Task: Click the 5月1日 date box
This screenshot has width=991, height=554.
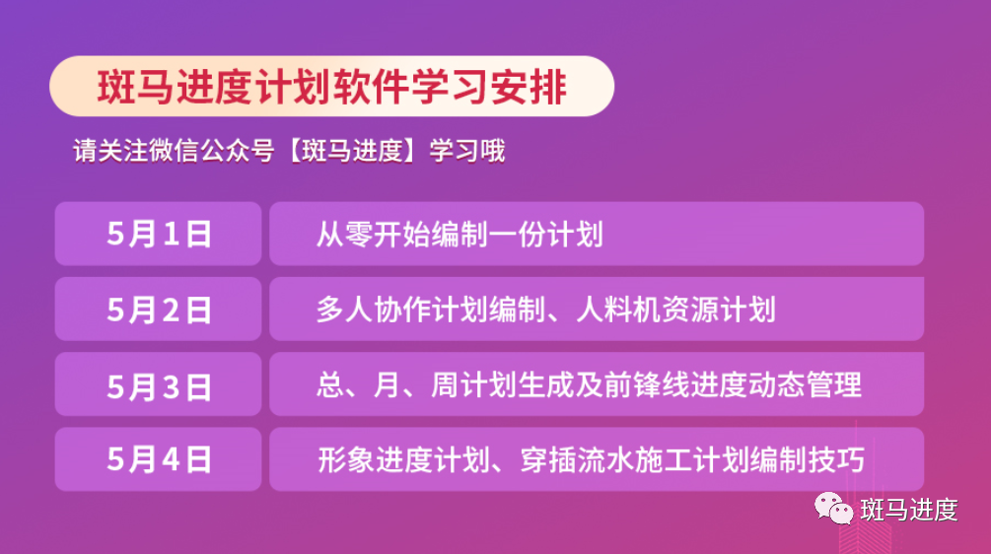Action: (158, 234)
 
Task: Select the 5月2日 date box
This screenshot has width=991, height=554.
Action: (158, 309)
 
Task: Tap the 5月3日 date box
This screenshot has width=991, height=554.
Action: (158, 384)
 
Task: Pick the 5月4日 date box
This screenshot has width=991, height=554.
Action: (158, 459)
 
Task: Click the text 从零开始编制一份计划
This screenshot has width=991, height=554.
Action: (460, 235)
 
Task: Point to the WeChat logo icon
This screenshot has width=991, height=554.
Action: (833, 509)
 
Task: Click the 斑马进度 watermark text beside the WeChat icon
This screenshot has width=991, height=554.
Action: (909, 510)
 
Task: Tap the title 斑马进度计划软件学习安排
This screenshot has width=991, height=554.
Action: (331, 87)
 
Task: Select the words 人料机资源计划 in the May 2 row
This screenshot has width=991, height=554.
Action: (675, 310)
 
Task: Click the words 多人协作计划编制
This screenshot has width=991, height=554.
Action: (431, 310)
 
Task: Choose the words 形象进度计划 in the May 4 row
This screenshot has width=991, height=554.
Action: (404, 460)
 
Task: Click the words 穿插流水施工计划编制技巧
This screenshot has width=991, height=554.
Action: (692, 460)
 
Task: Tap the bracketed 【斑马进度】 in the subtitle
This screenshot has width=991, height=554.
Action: (352, 151)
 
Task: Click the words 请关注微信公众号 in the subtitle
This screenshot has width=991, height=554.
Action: (174, 151)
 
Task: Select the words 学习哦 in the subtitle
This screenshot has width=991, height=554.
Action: (467, 151)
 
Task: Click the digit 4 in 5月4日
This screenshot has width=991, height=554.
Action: (171, 459)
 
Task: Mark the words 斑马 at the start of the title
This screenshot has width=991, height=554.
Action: (135, 87)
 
